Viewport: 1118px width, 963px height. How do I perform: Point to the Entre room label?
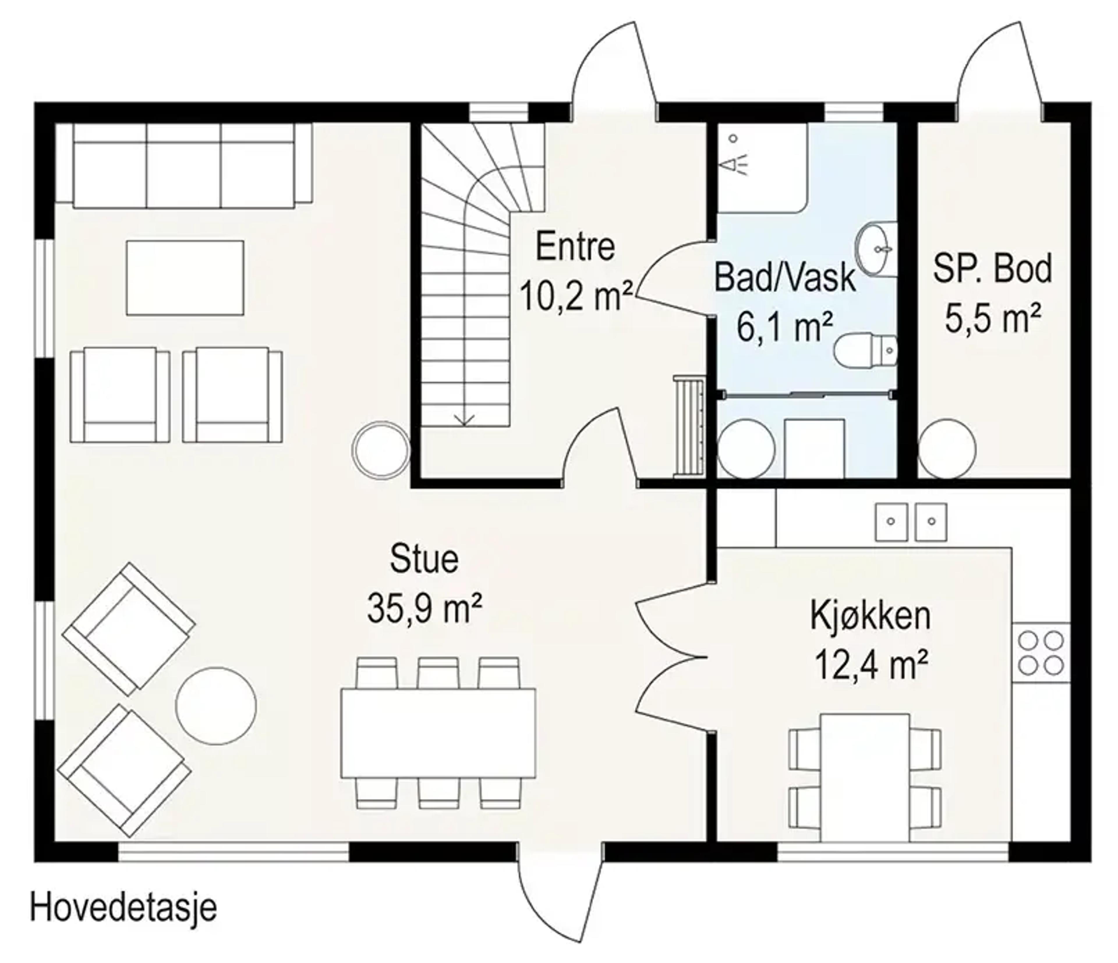(x=575, y=247)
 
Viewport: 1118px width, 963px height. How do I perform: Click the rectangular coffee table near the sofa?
(x=185, y=278)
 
